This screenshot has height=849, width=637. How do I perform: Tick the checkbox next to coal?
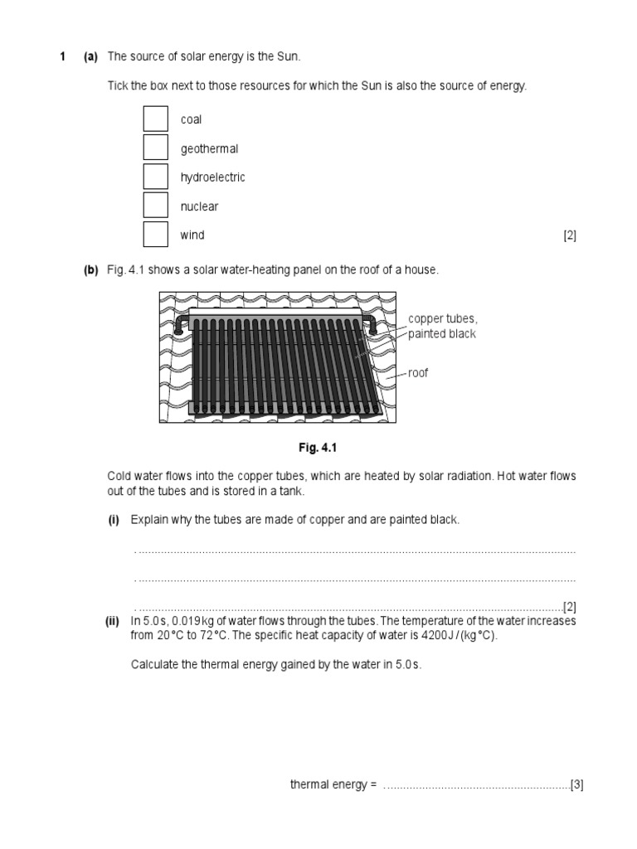click(155, 119)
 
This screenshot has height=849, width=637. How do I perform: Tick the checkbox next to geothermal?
click(155, 148)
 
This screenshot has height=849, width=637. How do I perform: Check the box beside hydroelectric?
click(155, 177)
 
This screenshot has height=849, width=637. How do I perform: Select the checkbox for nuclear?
click(155, 206)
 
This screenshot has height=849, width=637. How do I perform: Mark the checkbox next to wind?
click(155, 235)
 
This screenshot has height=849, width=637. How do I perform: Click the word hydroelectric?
click(212, 177)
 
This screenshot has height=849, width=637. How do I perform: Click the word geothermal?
click(209, 149)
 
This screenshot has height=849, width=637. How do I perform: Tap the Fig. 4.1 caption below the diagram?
click(319, 448)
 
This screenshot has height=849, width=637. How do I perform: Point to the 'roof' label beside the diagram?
click(418, 373)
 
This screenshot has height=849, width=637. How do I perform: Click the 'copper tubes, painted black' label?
click(442, 327)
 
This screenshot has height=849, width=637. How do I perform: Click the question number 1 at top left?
click(62, 56)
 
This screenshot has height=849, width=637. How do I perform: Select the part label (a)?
click(90, 56)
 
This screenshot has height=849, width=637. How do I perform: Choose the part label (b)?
click(90, 269)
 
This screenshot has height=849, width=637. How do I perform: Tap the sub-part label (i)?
click(114, 520)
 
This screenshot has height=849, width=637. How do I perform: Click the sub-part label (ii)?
click(113, 621)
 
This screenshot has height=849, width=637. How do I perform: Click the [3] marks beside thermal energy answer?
click(577, 785)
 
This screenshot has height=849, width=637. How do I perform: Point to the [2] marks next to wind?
click(570, 235)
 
